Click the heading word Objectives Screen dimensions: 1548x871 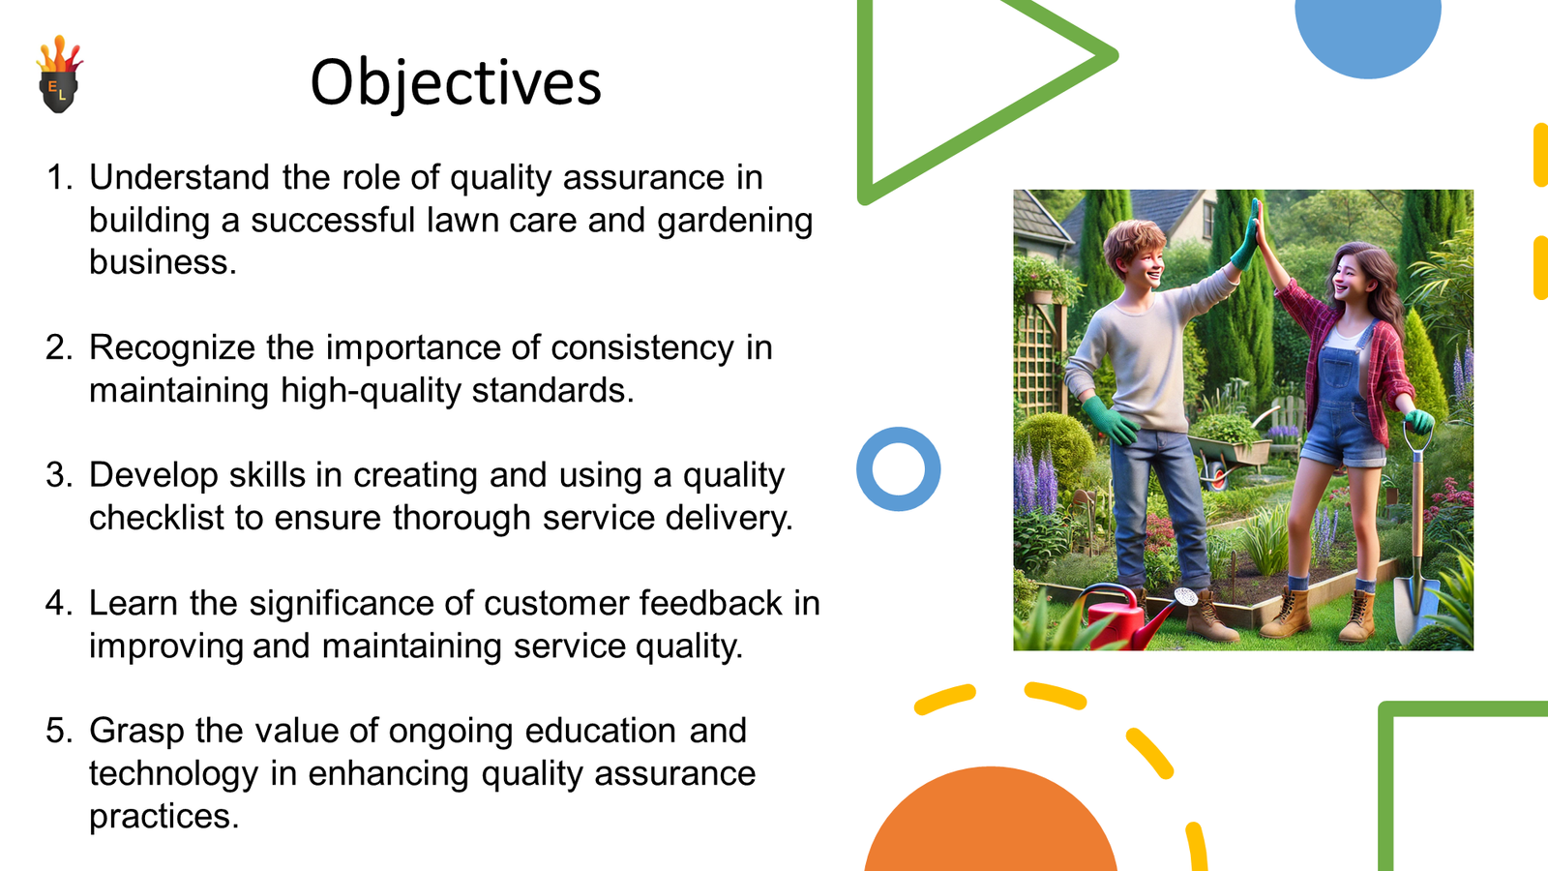[456, 83]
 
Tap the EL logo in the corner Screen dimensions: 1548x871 [59, 74]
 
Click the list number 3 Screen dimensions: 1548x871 [58, 475]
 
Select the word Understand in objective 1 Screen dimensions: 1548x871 [179, 178]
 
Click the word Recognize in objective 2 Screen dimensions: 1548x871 [172, 347]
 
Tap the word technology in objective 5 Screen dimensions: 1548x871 [173, 774]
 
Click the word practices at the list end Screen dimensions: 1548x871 [164, 817]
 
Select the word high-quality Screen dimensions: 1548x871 [371, 391]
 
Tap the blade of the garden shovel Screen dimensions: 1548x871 [1414, 609]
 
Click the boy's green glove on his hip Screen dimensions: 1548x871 [1110, 419]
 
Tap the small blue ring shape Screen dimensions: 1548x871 [899, 469]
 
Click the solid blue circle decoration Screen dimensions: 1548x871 [1368, 35]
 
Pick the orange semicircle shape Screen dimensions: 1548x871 [991, 823]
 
